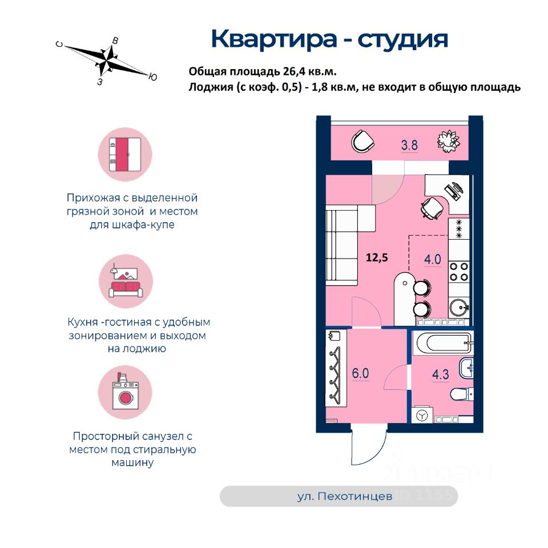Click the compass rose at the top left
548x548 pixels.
[x=107, y=59]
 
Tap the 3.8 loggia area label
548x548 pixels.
[x=409, y=145]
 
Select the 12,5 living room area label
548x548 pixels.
[x=377, y=257]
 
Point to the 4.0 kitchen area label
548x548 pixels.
[x=432, y=259]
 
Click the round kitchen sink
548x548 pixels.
[x=459, y=308]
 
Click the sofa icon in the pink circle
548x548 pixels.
[x=125, y=284]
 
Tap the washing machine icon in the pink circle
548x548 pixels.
[x=125, y=394]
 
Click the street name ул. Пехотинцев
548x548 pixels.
[x=345, y=497]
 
